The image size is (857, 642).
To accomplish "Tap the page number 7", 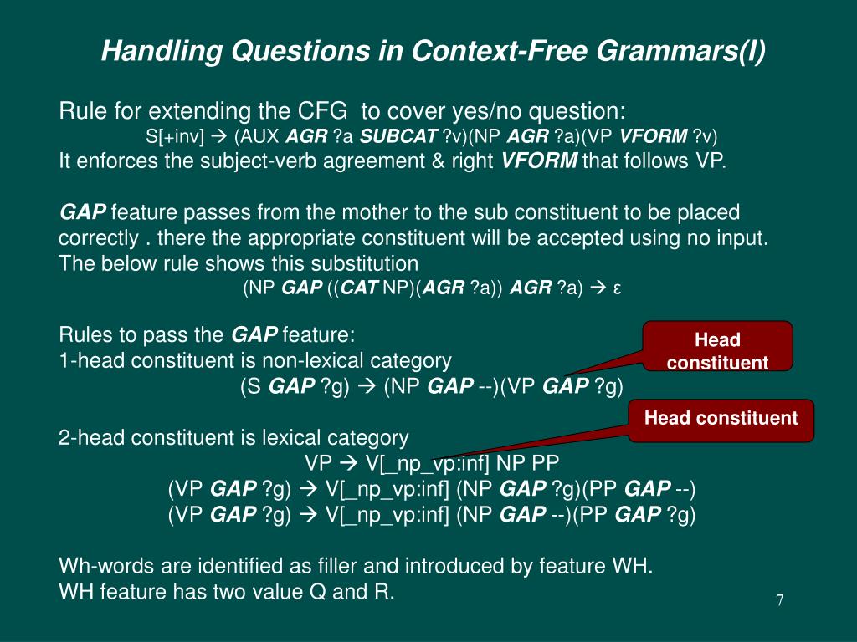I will [779, 600].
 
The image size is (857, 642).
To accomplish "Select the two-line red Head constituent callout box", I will [717, 350].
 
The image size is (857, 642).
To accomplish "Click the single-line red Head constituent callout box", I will [721, 418].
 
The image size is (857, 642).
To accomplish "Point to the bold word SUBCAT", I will [398, 136].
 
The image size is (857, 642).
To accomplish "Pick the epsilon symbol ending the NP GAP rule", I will [617, 288].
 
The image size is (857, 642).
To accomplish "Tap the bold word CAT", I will [360, 288].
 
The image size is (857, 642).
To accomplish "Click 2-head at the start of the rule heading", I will [88, 437].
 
